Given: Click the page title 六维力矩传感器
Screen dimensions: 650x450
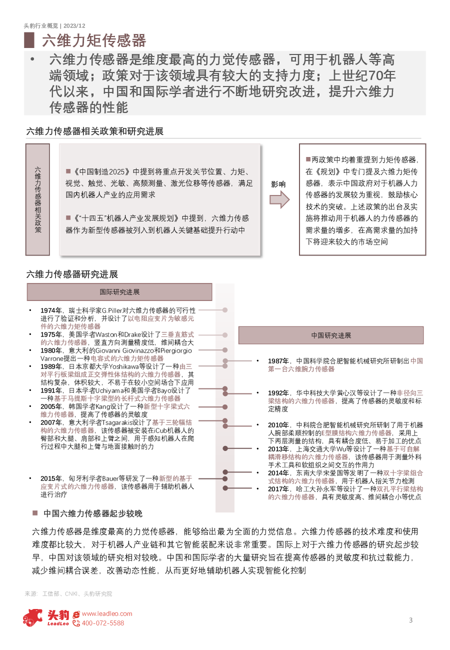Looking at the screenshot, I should (x=94, y=40).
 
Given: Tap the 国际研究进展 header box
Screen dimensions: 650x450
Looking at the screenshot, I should (x=119, y=292).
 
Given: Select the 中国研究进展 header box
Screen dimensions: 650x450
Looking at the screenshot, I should (x=330, y=335).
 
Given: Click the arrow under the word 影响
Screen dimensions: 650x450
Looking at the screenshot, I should (x=279, y=200).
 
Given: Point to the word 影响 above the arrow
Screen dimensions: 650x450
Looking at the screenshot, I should (x=278, y=184).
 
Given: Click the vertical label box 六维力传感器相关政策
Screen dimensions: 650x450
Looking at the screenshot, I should (x=37, y=199).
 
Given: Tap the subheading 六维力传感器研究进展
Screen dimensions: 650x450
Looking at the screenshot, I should (x=72, y=274).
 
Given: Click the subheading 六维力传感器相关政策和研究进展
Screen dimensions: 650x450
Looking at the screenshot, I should (x=95, y=131).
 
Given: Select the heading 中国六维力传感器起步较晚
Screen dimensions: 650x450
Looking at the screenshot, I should (x=92, y=513).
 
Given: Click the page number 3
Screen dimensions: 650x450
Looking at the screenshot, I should (x=411, y=620).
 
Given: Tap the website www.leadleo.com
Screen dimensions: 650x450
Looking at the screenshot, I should (x=107, y=613).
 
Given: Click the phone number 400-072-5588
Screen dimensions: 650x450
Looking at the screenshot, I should (x=102, y=623).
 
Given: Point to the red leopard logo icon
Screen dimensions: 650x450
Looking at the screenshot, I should (x=33, y=617).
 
